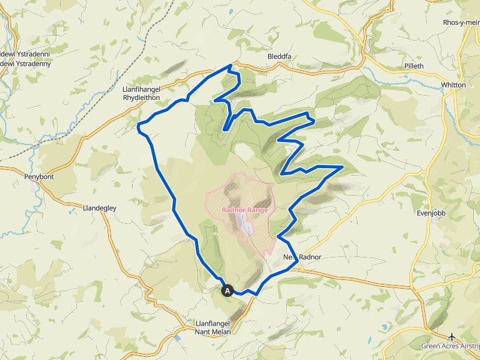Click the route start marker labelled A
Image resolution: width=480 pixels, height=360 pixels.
click(x=227, y=291)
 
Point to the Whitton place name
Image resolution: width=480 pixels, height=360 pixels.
click(x=453, y=84)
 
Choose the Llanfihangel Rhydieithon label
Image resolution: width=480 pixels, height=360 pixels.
click(x=142, y=94)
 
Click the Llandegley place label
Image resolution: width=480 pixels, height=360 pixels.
click(x=99, y=207)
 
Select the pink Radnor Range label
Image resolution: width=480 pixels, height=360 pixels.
click(x=244, y=210)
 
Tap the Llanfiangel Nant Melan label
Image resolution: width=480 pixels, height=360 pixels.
click(x=211, y=327)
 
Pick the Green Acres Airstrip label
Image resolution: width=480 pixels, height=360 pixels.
click(x=449, y=346)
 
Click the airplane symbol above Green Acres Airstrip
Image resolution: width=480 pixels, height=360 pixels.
click(x=452, y=336)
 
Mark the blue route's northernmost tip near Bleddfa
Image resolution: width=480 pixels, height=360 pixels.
click(x=231, y=65)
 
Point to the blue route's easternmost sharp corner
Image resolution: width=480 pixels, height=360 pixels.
click(x=342, y=167)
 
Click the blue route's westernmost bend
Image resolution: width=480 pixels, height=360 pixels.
click(x=138, y=127)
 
